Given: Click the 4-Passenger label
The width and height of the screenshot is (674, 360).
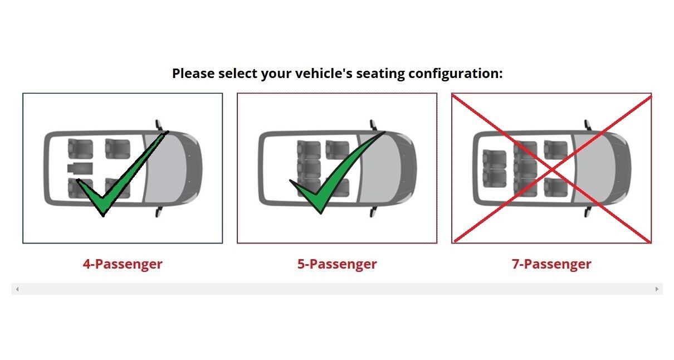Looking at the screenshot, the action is [x=123, y=264].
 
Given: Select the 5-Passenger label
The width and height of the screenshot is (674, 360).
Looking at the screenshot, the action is [x=337, y=264].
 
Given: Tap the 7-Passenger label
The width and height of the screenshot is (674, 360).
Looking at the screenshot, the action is [x=551, y=264].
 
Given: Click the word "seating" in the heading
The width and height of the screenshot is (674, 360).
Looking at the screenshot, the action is [x=380, y=74].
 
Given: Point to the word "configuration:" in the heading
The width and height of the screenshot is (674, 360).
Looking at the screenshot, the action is [x=456, y=74].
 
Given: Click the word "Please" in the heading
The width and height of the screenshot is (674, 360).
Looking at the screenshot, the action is [x=193, y=73].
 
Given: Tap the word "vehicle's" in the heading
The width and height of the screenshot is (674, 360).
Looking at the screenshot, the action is [x=324, y=73].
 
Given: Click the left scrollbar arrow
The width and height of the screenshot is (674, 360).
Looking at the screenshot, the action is [x=17, y=289].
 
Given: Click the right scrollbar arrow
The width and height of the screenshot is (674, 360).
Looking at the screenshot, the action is [x=657, y=289].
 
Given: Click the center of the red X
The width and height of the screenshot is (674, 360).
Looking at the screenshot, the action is [x=552, y=170].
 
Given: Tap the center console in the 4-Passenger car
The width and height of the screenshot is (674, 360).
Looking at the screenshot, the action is [x=80, y=169].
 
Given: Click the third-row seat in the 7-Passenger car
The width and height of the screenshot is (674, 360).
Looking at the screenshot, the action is [x=495, y=168].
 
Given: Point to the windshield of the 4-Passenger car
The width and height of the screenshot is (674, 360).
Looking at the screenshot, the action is [x=166, y=168].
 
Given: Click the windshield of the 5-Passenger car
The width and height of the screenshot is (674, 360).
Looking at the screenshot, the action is [x=380, y=168].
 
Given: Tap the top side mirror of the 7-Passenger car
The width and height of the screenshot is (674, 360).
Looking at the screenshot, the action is [x=588, y=125].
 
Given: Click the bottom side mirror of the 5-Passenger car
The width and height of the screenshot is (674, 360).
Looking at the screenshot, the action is [x=373, y=212].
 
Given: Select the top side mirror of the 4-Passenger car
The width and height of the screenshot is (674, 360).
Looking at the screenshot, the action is [x=159, y=125].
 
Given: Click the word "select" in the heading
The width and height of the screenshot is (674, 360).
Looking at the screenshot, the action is [x=238, y=73].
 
